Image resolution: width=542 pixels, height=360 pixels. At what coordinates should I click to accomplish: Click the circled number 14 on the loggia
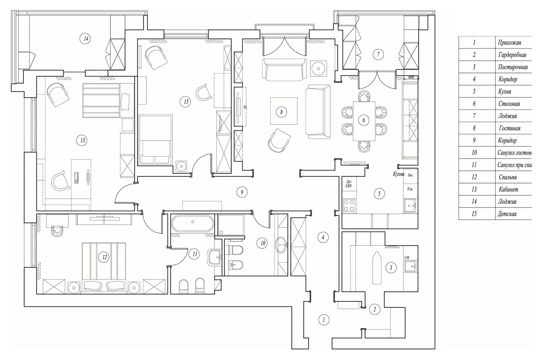point(86,39)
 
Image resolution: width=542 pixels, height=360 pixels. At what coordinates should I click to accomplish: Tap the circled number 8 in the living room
point(282,112)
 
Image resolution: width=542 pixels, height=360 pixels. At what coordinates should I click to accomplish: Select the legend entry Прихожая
point(509,43)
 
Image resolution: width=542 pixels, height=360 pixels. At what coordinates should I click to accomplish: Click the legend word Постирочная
point(513,67)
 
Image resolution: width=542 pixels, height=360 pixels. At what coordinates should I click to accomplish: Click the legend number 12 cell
point(474,177)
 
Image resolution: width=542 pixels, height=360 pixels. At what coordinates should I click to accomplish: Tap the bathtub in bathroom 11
point(192,223)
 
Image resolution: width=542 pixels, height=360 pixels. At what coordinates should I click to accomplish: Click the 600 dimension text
point(411,77)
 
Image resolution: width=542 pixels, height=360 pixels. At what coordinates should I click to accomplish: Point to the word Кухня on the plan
point(399,174)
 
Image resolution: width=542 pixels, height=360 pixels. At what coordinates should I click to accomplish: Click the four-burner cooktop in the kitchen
point(349,205)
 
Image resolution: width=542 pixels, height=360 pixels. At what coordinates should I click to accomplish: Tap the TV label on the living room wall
point(246,107)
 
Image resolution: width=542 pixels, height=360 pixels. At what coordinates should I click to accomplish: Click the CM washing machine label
point(407,257)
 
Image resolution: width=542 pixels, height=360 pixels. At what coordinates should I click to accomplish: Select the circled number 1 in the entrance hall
point(324,319)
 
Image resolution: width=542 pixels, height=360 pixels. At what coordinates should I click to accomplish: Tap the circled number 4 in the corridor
point(323,237)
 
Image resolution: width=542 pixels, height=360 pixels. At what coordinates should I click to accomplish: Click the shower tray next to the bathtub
point(231,224)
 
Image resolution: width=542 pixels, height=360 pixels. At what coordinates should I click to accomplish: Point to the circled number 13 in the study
point(82,140)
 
